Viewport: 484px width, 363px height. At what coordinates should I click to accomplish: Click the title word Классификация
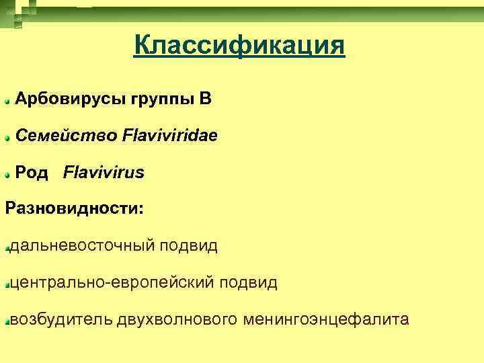pyautogui.click(x=239, y=46)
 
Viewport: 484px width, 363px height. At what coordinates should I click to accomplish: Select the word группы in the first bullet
pyautogui.click(x=159, y=99)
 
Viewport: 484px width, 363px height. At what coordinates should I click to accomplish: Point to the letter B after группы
pyautogui.click(x=206, y=99)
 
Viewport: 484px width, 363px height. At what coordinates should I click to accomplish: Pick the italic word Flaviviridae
pyautogui.click(x=170, y=136)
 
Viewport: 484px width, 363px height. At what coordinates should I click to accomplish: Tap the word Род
pyautogui.click(x=32, y=173)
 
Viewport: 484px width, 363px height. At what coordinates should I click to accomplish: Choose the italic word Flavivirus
pyautogui.click(x=104, y=173)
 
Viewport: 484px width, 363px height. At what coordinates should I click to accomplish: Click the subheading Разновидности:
pyautogui.click(x=75, y=208)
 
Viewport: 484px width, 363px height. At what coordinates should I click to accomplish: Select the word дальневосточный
pyautogui.click(x=81, y=246)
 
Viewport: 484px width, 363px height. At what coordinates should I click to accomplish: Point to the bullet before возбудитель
pyautogui.click(x=6, y=322)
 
